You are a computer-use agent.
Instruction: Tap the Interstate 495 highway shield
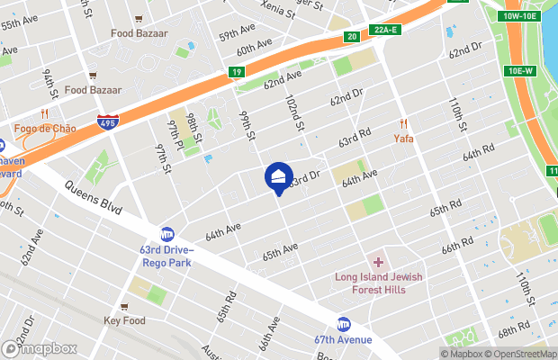pos(107,121)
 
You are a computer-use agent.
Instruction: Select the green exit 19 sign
pos(237,71)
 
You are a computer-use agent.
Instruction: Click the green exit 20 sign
pos(352,36)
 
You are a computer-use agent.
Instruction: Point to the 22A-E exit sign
pos(385,30)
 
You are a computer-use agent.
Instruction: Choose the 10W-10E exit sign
pos(520,16)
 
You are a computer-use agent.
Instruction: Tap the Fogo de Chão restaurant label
pos(45,129)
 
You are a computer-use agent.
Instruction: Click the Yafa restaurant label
pos(404,139)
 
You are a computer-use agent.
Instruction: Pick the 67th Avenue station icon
pos(344,323)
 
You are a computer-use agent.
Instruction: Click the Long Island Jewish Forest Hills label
pos(379,282)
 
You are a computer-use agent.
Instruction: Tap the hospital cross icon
pos(379,263)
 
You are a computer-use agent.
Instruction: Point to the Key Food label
pos(124,320)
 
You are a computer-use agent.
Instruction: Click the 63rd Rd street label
pos(355,137)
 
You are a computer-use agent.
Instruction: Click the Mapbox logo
pos(39,348)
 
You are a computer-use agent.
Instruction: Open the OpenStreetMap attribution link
pos(520,353)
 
